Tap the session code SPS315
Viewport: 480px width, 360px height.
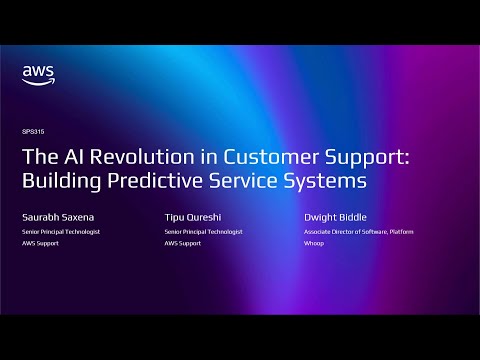click(x=31, y=132)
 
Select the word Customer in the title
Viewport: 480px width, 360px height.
click(x=263, y=157)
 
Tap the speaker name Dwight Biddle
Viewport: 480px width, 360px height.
click(x=334, y=217)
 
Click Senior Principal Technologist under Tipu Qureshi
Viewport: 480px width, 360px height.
click(x=203, y=232)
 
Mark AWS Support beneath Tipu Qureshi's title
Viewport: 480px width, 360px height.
click(x=180, y=242)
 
